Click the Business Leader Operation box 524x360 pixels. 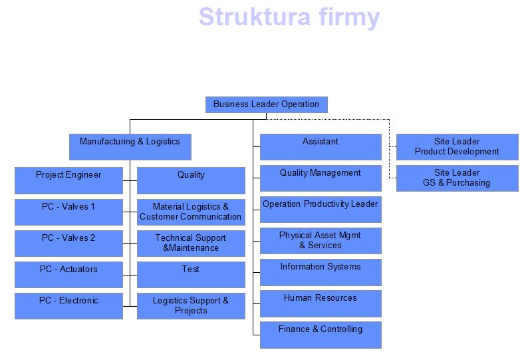point(266,104)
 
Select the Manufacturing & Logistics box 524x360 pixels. point(130,146)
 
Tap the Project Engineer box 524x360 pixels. point(68,180)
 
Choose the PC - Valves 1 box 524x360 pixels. point(68,212)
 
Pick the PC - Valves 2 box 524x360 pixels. point(68,243)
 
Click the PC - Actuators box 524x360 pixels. point(68,274)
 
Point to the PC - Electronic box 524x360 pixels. point(68,305)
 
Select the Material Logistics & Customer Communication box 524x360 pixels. point(191,212)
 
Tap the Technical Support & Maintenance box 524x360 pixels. point(191,243)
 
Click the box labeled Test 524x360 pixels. point(191,274)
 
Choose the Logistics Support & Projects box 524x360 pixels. point(191,305)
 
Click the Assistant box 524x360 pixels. point(321,146)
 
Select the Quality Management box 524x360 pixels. point(321,178)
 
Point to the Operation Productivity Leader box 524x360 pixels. point(321,209)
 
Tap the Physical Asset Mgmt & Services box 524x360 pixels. point(321,240)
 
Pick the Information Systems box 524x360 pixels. point(321,271)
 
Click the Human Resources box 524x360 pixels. point(321,303)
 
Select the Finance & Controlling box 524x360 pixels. point(321,334)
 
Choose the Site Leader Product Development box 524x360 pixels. point(457,146)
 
